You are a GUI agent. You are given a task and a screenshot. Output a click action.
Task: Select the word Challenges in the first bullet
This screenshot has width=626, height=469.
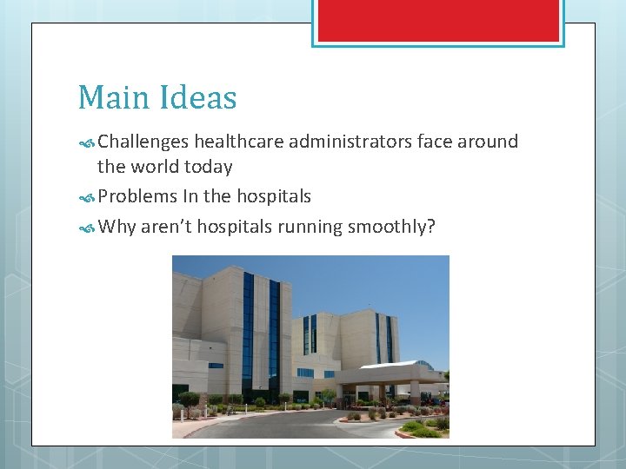(143, 142)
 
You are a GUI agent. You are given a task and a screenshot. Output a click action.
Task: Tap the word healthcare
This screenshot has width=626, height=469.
(240, 142)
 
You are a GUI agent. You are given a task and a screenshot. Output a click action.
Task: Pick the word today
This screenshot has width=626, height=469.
(208, 167)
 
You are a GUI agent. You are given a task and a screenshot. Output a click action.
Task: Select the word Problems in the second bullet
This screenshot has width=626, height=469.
(137, 197)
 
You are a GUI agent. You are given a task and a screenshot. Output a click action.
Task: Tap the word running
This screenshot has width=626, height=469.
(310, 228)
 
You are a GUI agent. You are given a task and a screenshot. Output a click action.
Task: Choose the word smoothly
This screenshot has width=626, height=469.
(386, 228)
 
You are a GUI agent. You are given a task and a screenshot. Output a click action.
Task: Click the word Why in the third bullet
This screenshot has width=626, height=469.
(117, 228)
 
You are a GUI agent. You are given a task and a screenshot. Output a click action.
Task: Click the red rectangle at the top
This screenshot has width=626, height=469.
(438, 20)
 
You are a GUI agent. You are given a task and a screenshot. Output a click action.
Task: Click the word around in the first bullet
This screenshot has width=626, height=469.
(488, 142)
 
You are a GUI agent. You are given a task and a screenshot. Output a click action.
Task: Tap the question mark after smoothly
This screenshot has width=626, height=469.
(430, 227)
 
